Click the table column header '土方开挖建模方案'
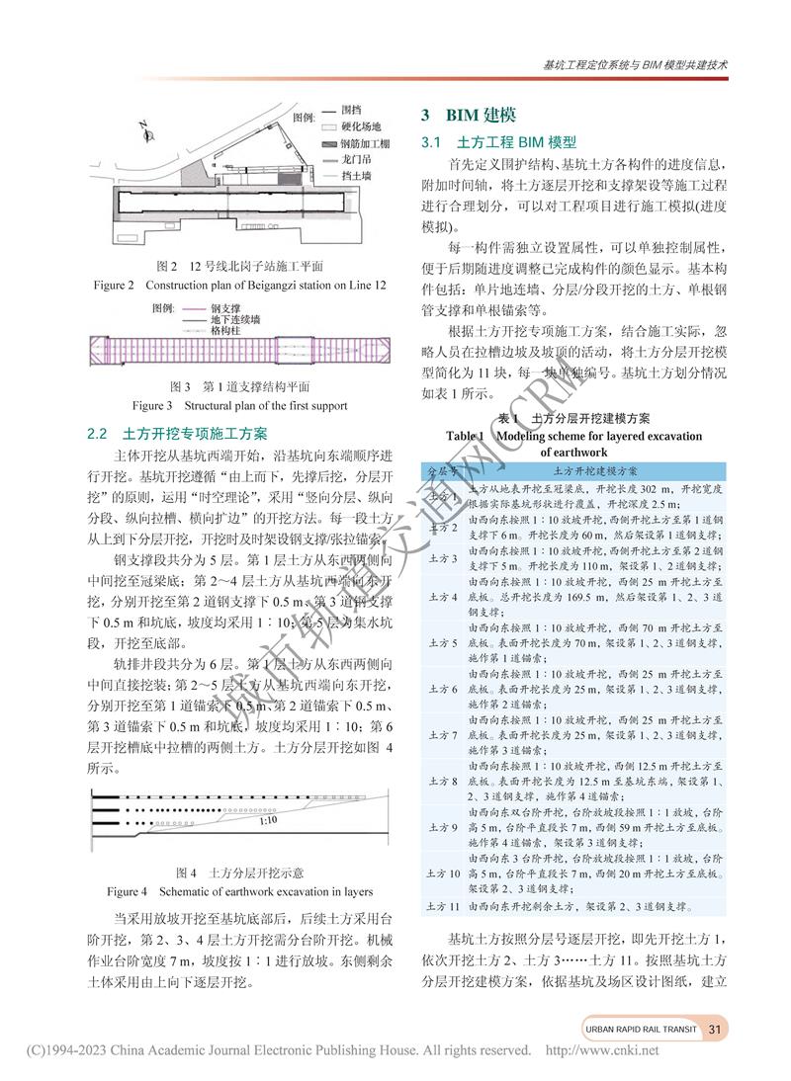click(x=594, y=471)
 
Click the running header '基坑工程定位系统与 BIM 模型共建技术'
click(x=635, y=66)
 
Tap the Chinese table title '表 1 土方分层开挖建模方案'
click(x=573, y=418)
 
